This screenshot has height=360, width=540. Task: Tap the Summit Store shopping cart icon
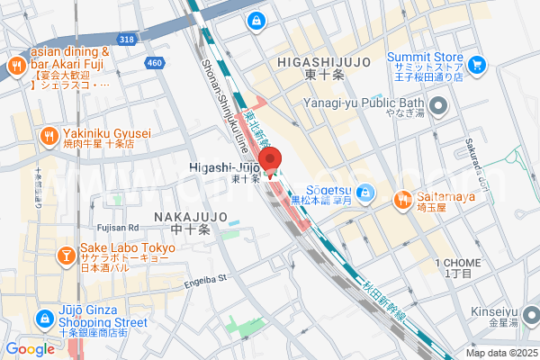pos(476,64)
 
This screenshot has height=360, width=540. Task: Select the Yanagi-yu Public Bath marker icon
pos(438,108)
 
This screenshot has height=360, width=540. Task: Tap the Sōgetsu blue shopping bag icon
pos(365,192)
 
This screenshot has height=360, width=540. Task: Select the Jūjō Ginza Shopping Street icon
pos(44,318)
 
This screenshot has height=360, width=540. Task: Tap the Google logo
pos(30,349)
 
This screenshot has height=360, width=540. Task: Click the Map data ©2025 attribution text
pos(500,353)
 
